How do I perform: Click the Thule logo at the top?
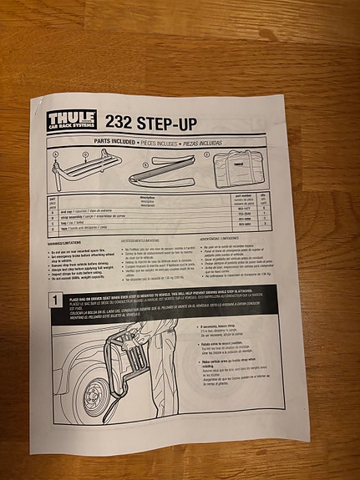71,121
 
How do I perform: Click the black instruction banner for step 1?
184,301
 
